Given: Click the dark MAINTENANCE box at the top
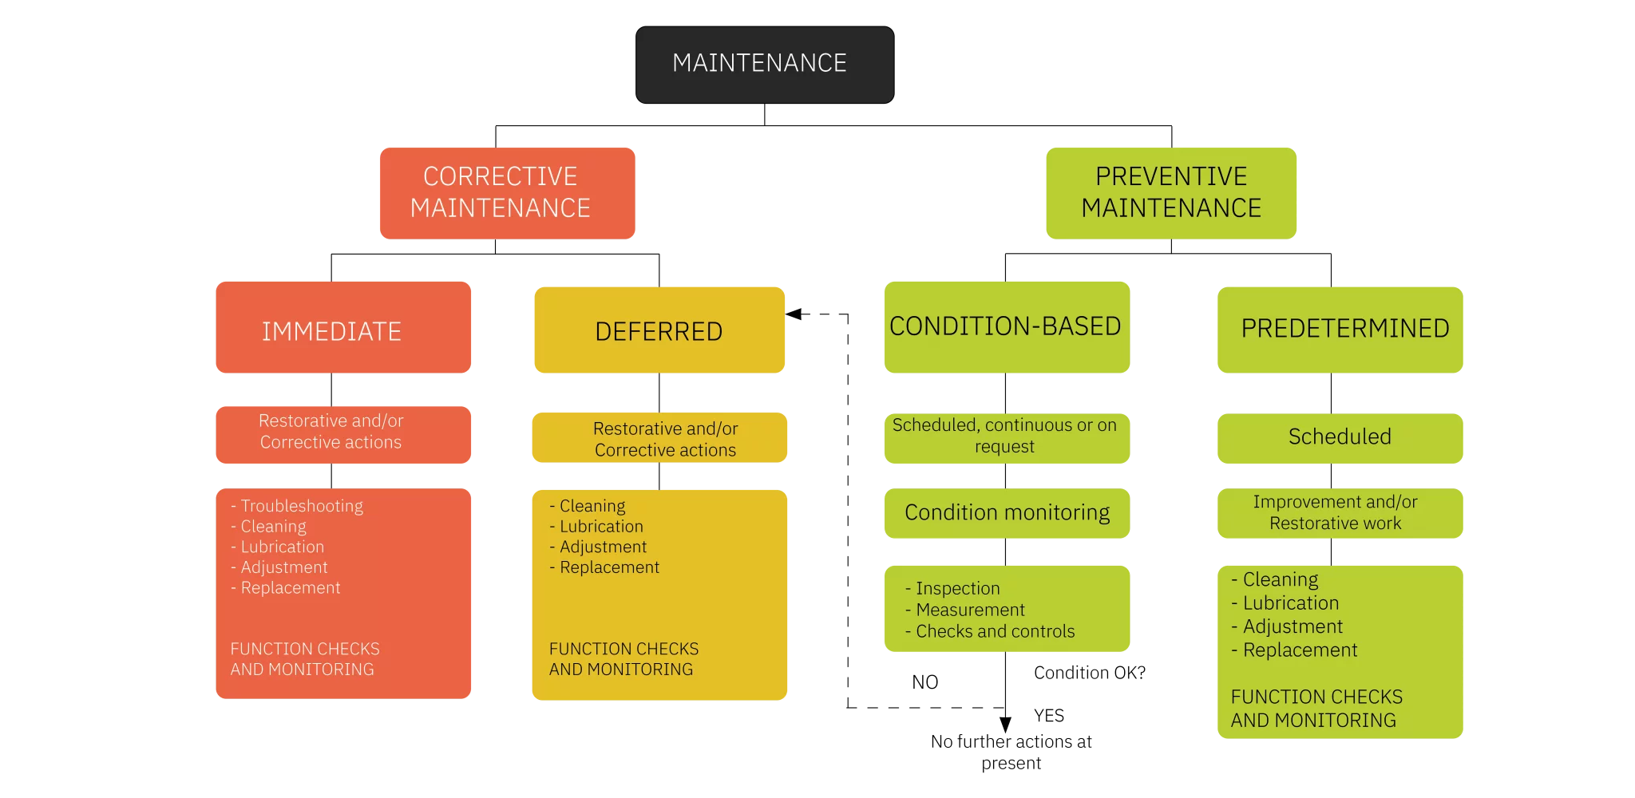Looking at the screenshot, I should (x=764, y=64).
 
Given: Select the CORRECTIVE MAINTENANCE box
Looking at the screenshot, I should (x=507, y=192).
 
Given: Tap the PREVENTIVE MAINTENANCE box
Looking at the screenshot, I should (x=1170, y=192).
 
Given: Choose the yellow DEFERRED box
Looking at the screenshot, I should (x=659, y=330).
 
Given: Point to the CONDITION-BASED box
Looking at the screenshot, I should (x=1006, y=326).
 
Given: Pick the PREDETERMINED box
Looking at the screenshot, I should (x=1340, y=329).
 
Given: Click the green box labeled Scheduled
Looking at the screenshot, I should (x=1340, y=437).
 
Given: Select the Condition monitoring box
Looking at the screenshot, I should (x=1007, y=513).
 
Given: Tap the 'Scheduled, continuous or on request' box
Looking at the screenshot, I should (x=1006, y=437).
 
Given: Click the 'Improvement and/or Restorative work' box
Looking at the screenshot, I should (x=1340, y=513).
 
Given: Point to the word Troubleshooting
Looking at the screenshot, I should (x=302, y=506).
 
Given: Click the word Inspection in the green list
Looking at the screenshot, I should (x=957, y=589).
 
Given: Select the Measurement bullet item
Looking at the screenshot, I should (x=970, y=610).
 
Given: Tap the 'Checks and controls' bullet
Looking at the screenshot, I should (x=995, y=632).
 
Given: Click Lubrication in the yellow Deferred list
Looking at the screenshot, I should (x=601, y=527).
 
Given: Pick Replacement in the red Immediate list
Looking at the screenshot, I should (x=291, y=588).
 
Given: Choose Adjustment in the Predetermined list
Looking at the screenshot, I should (x=1293, y=627).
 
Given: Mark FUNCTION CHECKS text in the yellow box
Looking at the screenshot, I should (x=624, y=650).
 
